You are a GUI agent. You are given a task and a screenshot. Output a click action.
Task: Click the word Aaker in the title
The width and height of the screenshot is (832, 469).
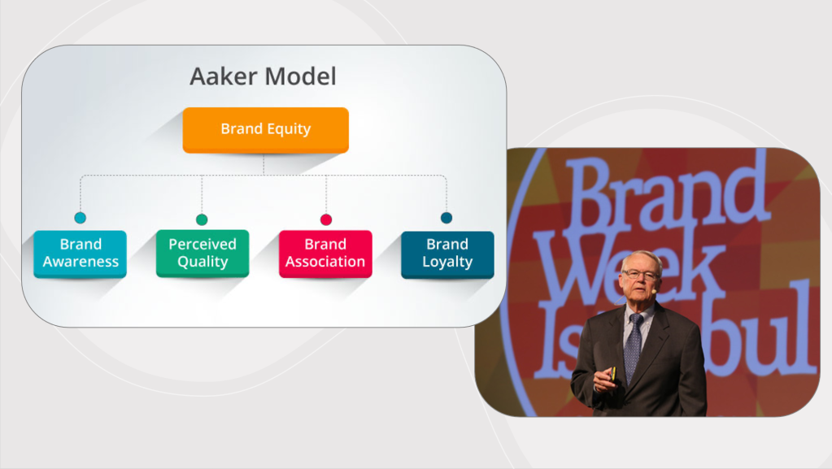coord(224,76)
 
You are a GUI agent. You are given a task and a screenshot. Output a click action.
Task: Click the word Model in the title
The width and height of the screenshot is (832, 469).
coord(300,76)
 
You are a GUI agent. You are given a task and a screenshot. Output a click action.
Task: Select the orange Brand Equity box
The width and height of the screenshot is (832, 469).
coord(266,130)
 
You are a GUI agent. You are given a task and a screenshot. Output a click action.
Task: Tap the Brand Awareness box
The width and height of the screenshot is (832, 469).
coord(81,254)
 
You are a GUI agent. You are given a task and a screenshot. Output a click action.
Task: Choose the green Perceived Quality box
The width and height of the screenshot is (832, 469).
coord(203,253)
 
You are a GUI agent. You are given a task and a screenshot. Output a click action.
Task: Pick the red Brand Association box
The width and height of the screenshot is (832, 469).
coord(325,254)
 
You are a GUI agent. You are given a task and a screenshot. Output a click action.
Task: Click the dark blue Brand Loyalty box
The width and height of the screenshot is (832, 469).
coord(447,254)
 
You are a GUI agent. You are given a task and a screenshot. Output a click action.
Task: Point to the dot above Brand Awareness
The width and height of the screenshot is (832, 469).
coord(81,218)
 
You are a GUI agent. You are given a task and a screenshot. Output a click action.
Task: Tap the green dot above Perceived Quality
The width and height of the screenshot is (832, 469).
coord(202,219)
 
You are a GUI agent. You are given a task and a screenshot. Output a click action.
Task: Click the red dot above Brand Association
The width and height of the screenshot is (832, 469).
coord(326,219)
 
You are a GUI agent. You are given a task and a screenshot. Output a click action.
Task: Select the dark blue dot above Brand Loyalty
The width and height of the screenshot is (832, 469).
coord(446,218)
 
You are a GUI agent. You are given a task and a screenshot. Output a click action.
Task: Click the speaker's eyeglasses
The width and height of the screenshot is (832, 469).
coord(641,275)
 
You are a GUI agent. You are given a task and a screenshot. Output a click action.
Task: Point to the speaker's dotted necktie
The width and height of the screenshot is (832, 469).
coord(633,348)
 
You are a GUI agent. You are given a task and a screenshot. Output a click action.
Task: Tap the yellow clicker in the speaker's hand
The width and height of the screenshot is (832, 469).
coord(613,374)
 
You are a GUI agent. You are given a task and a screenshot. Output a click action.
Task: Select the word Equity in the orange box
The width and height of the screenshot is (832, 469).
coord(289,129)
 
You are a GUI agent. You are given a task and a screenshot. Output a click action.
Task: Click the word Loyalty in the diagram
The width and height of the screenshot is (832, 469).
coord(447,262)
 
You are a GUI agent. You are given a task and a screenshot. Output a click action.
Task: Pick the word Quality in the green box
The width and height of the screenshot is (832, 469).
coord(203,262)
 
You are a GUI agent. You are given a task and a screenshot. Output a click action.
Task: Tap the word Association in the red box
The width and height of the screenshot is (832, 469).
coord(325,262)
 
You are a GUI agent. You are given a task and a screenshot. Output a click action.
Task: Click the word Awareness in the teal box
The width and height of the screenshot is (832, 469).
coord(81,262)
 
